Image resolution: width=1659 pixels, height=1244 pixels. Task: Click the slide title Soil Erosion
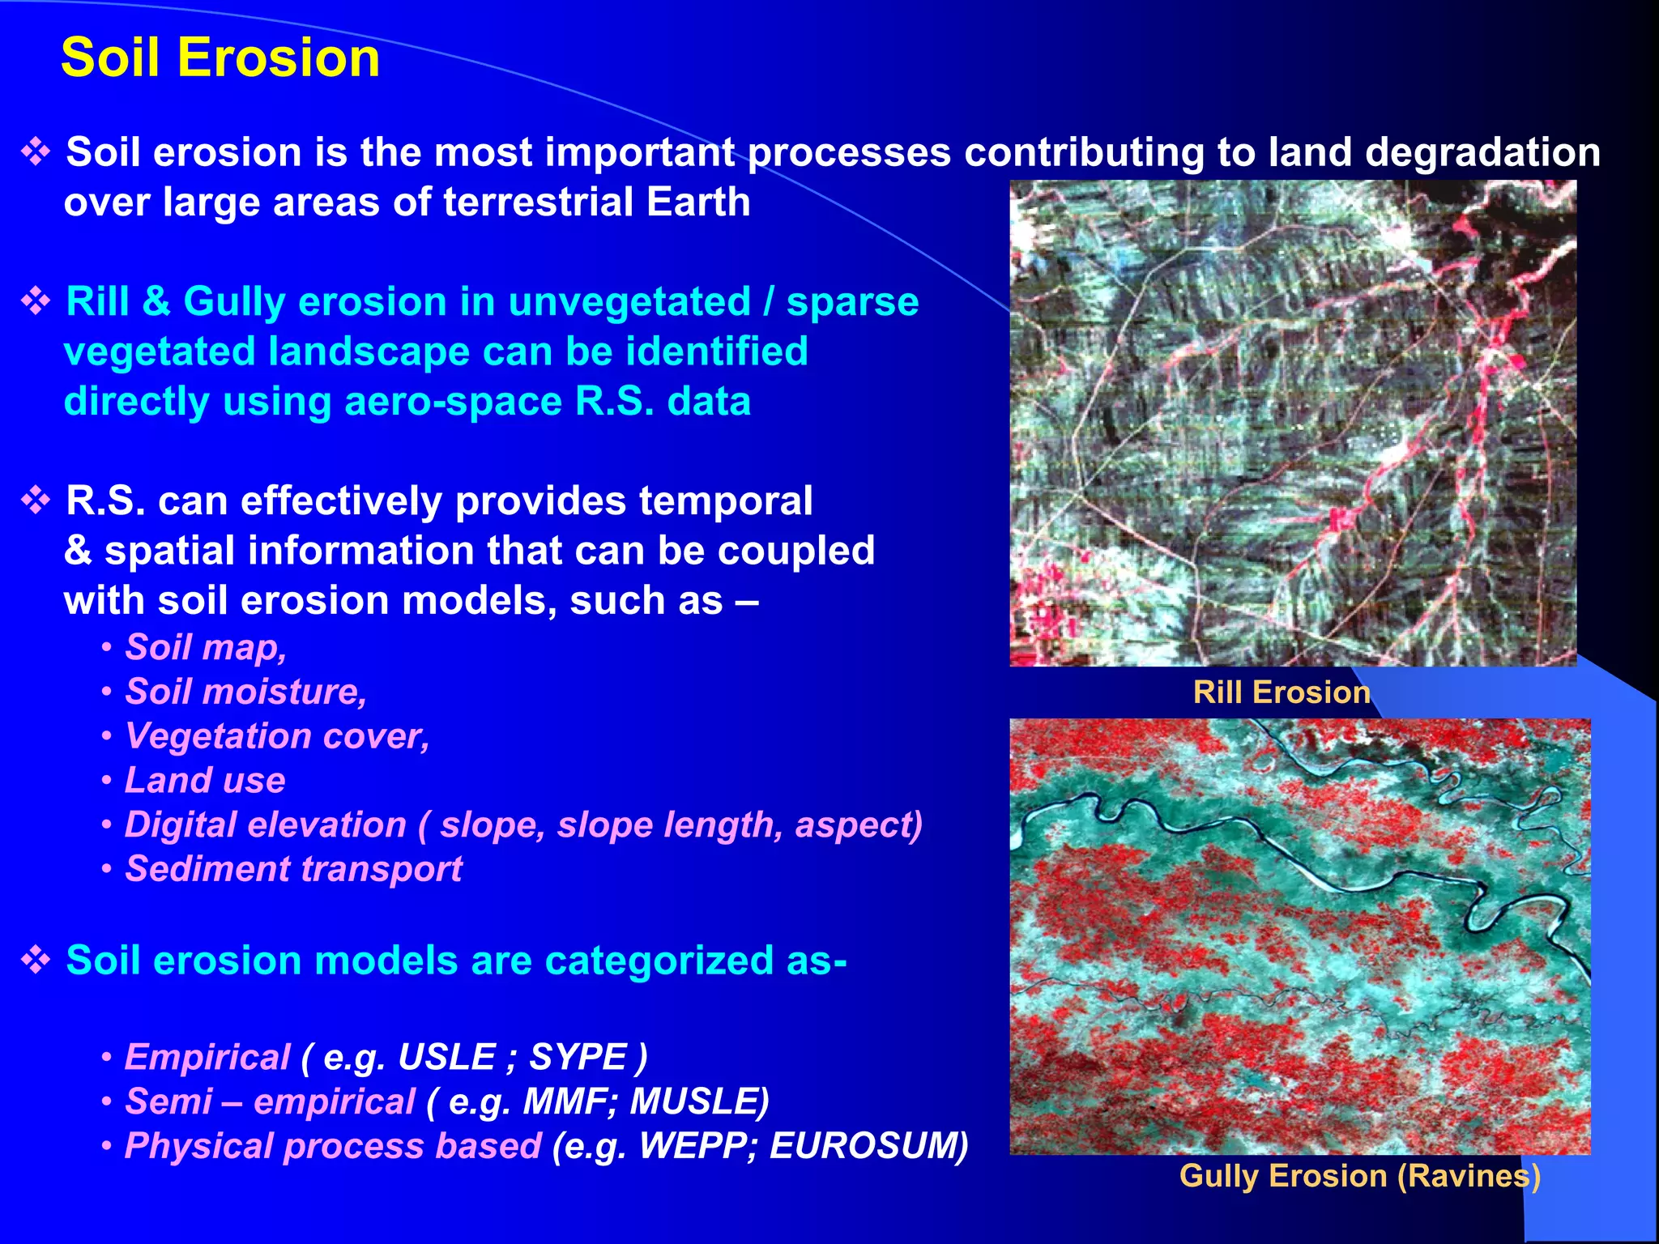coord(220,58)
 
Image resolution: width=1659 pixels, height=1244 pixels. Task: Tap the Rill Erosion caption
coord(1281,692)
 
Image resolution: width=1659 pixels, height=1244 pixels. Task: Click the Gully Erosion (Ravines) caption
coord(1359,1176)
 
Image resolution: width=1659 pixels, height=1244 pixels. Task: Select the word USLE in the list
coord(446,1057)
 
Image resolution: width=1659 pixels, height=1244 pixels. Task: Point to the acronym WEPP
coord(697,1146)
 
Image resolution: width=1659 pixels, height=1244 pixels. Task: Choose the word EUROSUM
coord(867,1146)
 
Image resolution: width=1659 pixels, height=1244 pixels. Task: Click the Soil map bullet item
coord(205,648)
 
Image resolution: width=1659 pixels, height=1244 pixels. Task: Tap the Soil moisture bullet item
coord(245,692)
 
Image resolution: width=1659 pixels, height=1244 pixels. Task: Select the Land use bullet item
coord(204,781)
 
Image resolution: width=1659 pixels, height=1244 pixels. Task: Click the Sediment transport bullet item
coord(292,869)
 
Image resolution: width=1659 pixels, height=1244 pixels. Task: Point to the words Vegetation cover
coord(276,736)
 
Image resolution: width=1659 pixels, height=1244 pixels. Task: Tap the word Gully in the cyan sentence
coord(234,302)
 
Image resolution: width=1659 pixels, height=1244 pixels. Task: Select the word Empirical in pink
coord(207,1057)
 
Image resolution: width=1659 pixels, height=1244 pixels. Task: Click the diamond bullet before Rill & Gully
coord(36,302)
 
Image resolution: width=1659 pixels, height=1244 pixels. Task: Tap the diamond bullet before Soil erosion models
coord(36,961)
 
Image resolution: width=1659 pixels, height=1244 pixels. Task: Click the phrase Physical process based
coord(332,1146)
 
